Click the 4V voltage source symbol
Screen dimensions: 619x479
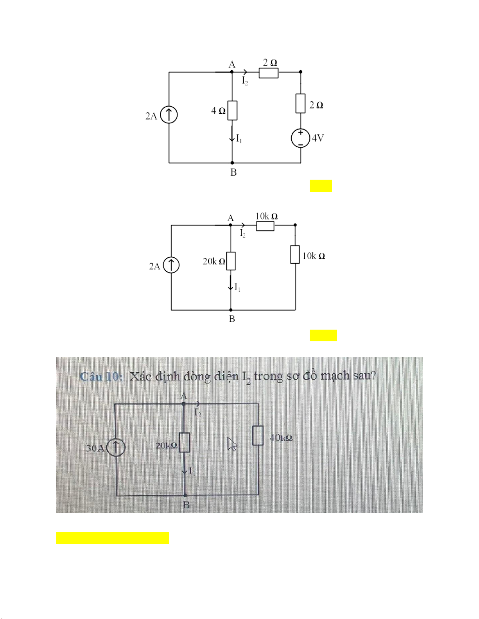301,138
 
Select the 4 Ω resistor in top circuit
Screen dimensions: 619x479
232,111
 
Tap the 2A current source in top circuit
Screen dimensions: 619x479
169,115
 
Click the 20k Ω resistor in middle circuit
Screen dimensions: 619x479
231,261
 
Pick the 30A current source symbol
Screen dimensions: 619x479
116,448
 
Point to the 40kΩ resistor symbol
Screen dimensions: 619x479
258,436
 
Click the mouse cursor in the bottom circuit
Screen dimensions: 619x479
232,444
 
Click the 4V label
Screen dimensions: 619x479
318,138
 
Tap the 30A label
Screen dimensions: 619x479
95,448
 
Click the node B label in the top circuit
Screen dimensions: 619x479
233,172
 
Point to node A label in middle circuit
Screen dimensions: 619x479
231,218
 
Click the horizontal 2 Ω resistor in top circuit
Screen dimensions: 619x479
269,73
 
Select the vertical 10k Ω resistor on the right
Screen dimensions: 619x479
295,254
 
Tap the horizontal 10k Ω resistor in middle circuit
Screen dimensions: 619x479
265,226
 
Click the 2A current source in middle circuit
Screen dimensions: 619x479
171,266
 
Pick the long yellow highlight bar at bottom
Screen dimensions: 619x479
112,538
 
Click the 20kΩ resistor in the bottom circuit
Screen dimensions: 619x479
185,442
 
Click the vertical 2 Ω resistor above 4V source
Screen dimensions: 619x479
300,103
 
